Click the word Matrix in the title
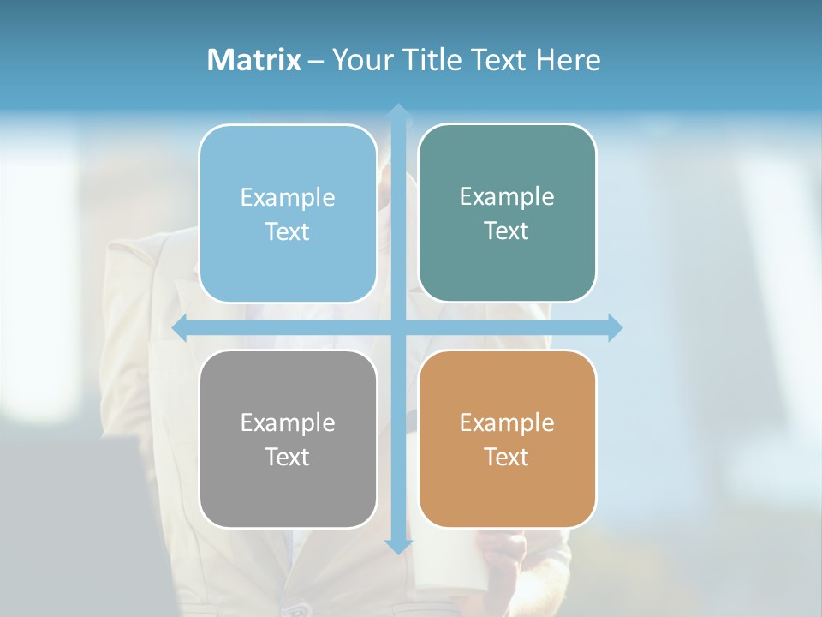pyautogui.click(x=254, y=60)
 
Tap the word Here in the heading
pyautogui.click(x=568, y=60)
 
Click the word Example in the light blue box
pyautogui.click(x=288, y=198)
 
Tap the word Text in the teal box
pyautogui.click(x=507, y=231)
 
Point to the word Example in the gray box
pyautogui.click(x=288, y=423)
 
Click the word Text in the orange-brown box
pyautogui.click(x=507, y=457)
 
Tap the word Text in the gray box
pyautogui.click(x=288, y=457)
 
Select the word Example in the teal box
pyautogui.click(x=507, y=197)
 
